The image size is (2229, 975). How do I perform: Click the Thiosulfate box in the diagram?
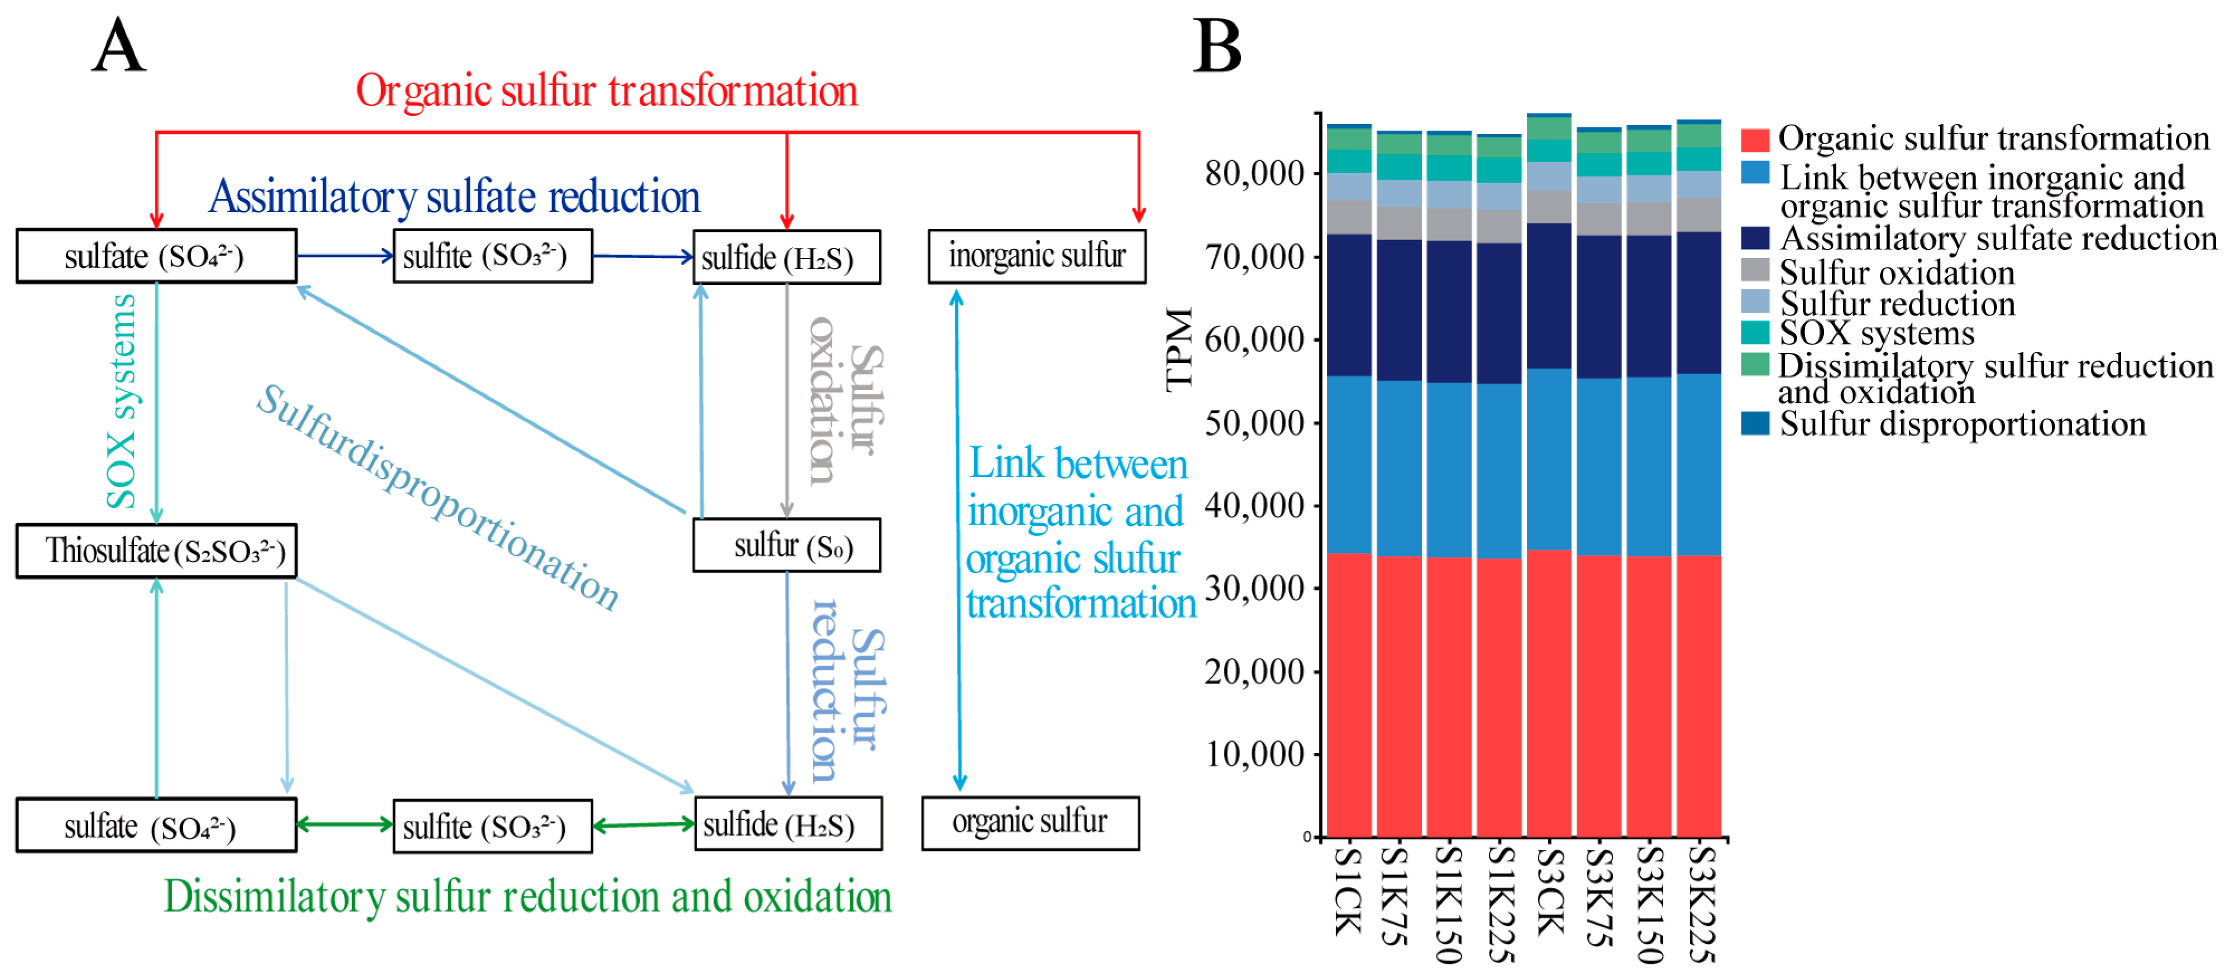tap(156, 550)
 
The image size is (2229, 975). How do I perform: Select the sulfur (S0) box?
tap(787, 545)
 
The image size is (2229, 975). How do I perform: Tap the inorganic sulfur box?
tap(1037, 256)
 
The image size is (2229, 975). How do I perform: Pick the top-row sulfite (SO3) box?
tap(492, 256)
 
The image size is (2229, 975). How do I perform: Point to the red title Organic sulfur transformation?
tap(606, 91)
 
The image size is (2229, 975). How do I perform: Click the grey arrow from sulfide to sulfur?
tap(787, 398)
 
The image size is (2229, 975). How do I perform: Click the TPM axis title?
tap(1179, 350)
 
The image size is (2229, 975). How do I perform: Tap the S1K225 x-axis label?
tap(1499, 904)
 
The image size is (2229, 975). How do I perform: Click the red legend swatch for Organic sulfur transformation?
tap(1755, 139)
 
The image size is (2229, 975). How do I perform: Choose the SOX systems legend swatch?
tap(1755, 333)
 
